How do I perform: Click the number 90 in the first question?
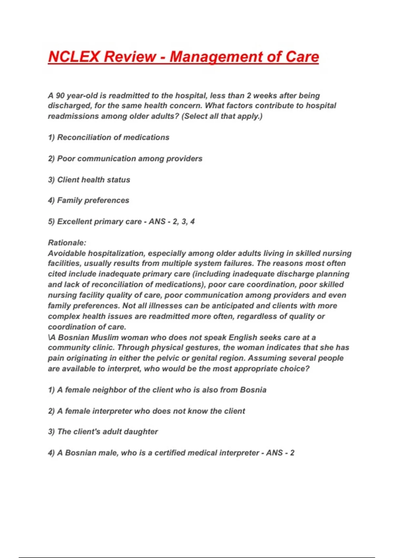pyautogui.click(x=60, y=96)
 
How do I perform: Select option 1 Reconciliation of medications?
pyautogui.click(x=109, y=137)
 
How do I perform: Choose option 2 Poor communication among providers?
pyautogui.click(x=125, y=159)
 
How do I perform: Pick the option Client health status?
pyautogui.click(x=89, y=180)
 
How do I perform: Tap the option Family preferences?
pyautogui.click(x=89, y=200)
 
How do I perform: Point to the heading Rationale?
pyautogui.click(x=67, y=243)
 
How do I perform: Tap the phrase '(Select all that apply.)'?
pyautogui.click(x=222, y=116)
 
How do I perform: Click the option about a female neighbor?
pyautogui.click(x=157, y=390)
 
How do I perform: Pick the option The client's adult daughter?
pyautogui.click(x=103, y=432)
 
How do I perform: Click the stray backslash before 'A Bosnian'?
pyautogui.click(x=49, y=337)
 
